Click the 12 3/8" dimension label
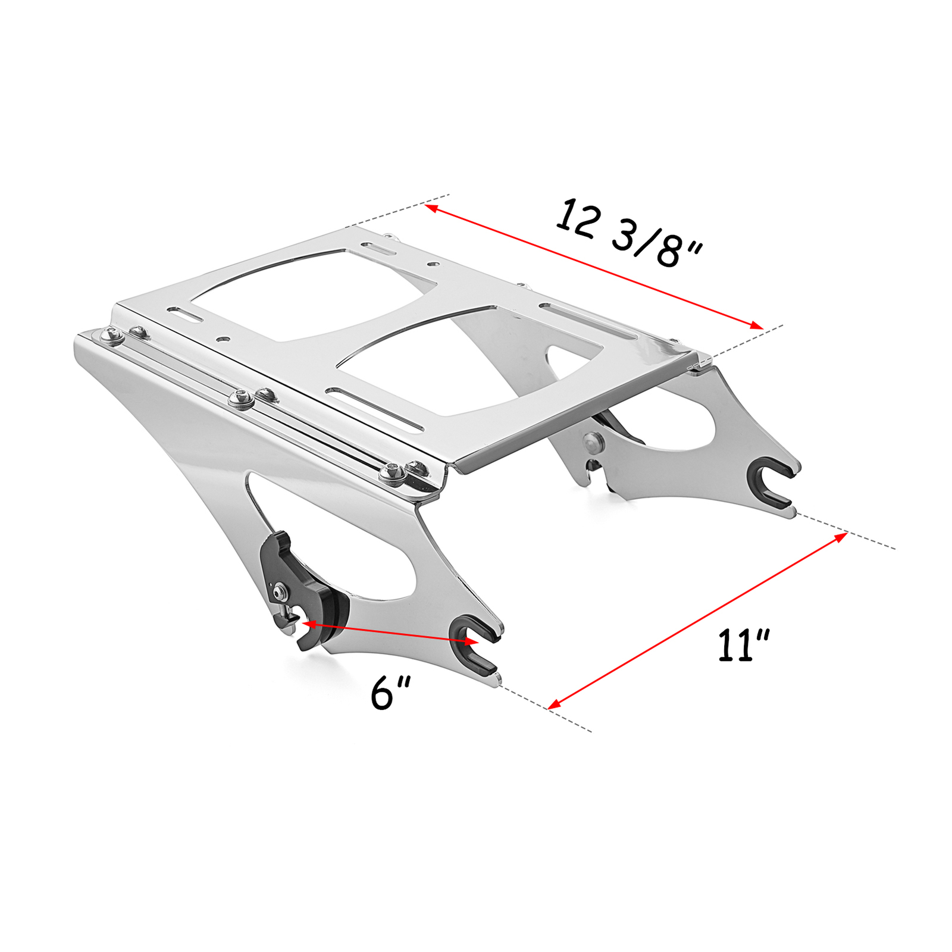coord(630,234)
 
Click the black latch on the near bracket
coord(297,589)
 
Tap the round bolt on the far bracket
coord(593,442)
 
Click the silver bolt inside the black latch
coord(279,592)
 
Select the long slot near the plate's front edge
coord(375,411)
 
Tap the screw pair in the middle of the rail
coord(253,397)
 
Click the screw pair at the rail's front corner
coord(405,471)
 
